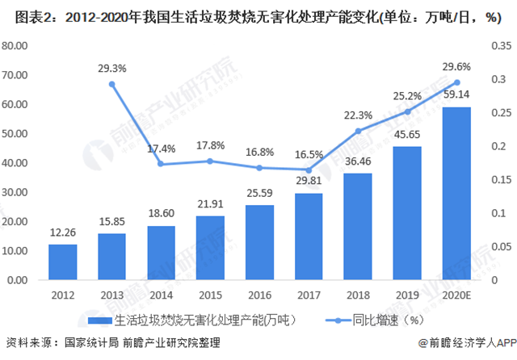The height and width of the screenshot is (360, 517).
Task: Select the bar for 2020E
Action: (x=457, y=194)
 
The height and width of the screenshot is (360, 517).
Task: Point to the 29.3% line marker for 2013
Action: (x=112, y=84)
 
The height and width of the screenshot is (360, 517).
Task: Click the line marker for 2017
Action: (x=309, y=170)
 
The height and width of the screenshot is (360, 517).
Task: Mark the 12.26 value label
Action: (x=63, y=232)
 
